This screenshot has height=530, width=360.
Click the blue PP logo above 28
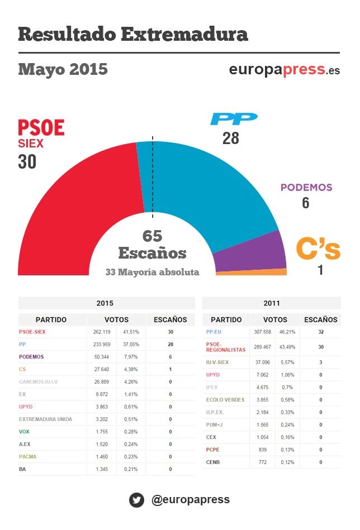(x=233, y=119)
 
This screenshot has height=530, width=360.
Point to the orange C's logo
(x=318, y=249)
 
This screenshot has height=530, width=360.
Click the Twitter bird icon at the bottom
(x=136, y=499)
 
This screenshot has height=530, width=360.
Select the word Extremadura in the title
(x=184, y=34)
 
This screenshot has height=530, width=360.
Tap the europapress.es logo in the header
(x=284, y=70)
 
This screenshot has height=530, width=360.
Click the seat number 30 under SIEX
(x=27, y=162)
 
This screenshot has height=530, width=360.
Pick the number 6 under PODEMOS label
(x=305, y=203)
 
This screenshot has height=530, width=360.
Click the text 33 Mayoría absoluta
(x=152, y=273)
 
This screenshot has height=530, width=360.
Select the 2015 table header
(x=105, y=303)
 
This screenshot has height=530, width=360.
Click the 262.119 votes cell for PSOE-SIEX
(x=102, y=332)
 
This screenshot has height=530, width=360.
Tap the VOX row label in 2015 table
(x=24, y=432)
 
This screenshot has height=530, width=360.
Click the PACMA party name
(x=27, y=456)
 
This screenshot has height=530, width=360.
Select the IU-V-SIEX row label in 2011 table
(x=217, y=362)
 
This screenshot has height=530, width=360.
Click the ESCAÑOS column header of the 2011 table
(x=320, y=319)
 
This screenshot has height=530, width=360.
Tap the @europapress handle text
(x=190, y=499)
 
